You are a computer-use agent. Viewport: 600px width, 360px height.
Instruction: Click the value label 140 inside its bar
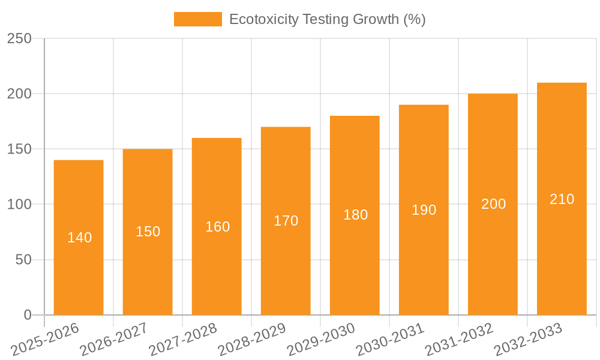[x=79, y=238]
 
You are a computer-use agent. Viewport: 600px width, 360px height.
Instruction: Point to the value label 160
[x=217, y=227]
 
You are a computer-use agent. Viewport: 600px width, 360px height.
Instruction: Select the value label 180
[x=355, y=215]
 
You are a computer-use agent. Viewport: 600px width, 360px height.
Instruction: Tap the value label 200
[x=493, y=204]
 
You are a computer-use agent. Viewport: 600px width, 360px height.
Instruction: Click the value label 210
[x=562, y=199]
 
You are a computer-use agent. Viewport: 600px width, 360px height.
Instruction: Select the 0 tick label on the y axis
[x=28, y=315]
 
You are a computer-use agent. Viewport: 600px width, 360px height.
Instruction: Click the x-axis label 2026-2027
[x=114, y=340]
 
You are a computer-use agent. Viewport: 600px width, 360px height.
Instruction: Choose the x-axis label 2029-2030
[x=321, y=340]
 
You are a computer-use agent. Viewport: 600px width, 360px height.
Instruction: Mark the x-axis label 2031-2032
[x=459, y=340]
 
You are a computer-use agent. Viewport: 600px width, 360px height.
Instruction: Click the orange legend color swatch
[x=197, y=19]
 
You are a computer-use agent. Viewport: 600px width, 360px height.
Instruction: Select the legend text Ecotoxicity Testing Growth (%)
[x=327, y=19]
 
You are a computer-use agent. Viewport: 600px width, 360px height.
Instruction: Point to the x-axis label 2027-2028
[x=183, y=340]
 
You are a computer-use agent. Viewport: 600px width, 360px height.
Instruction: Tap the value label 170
[x=286, y=221]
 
